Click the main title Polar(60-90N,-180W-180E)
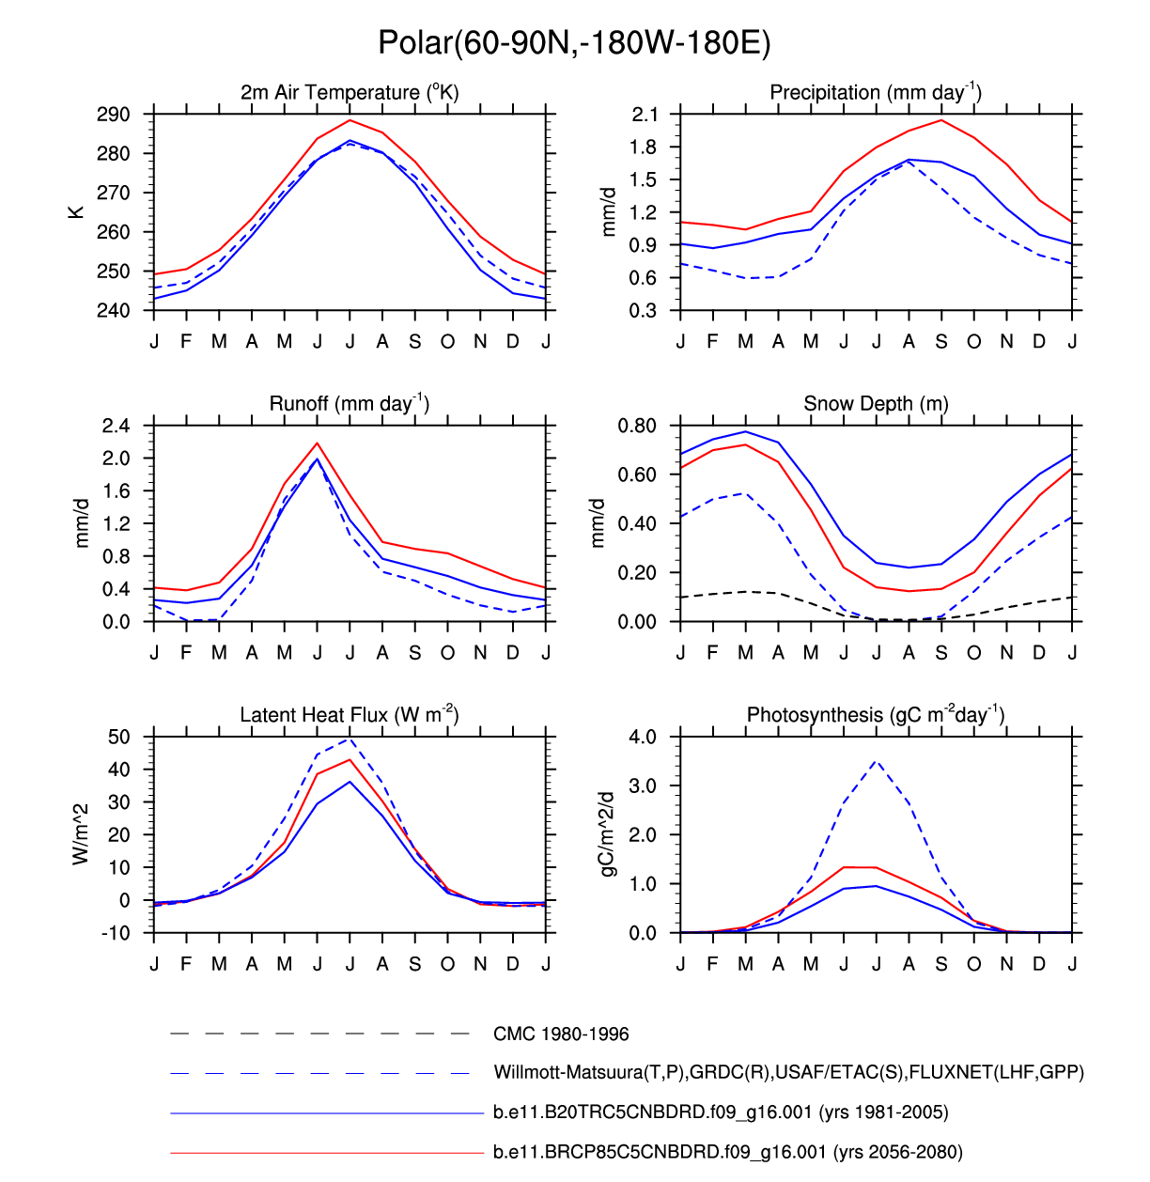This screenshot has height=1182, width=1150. [574, 42]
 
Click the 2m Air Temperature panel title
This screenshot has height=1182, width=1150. [350, 92]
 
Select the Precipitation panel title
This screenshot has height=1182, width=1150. [876, 92]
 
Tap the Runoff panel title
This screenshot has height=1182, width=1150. [350, 403]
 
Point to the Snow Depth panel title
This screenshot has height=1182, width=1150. [876, 404]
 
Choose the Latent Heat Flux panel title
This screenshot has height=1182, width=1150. [350, 715]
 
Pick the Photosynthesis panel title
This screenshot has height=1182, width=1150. [876, 715]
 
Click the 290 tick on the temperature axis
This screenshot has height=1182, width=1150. [113, 115]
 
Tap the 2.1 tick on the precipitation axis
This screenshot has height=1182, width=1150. [645, 115]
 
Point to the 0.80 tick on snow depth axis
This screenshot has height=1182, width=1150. [637, 426]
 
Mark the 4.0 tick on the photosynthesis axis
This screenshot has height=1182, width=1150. [643, 737]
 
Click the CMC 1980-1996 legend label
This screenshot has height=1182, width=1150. [561, 1034]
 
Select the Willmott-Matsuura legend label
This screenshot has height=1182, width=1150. [788, 1073]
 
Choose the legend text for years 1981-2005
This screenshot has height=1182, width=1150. [721, 1112]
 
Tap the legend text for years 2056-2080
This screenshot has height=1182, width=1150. [728, 1152]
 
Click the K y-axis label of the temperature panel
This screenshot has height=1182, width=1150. [76, 212]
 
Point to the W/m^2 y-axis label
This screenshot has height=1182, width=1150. [81, 834]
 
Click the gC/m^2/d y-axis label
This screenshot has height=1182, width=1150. [608, 834]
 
